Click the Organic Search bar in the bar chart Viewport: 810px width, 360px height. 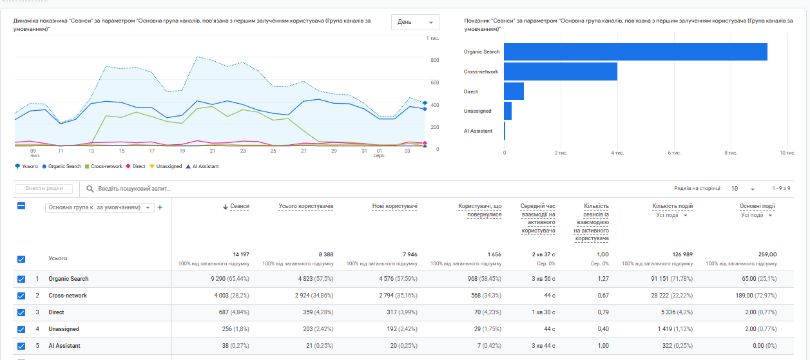[x=635, y=52]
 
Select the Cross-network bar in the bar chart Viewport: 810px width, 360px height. [x=561, y=71]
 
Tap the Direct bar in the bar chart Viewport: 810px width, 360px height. [x=514, y=91]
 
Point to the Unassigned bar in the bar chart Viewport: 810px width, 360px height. [x=508, y=111]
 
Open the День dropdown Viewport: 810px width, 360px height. [x=415, y=22]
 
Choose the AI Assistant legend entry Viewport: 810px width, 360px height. [x=202, y=166]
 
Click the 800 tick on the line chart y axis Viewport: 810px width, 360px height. [x=435, y=60]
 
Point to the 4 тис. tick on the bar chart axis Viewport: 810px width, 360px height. [x=617, y=153]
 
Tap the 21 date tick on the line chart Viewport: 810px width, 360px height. [x=212, y=151]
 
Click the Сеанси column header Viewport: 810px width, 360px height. [x=236, y=206]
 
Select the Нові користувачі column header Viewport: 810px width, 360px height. [x=395, y=206]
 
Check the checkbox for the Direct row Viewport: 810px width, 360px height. [x=21, y=312]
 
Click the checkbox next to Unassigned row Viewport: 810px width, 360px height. [x=21, y=329]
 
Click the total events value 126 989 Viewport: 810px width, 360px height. [x=682, y=254]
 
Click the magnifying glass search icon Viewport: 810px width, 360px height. [x=90, y=189]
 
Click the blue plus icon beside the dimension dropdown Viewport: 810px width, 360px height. [x=160, y=207]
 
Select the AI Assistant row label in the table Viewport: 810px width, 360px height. [x=64, y=346]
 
